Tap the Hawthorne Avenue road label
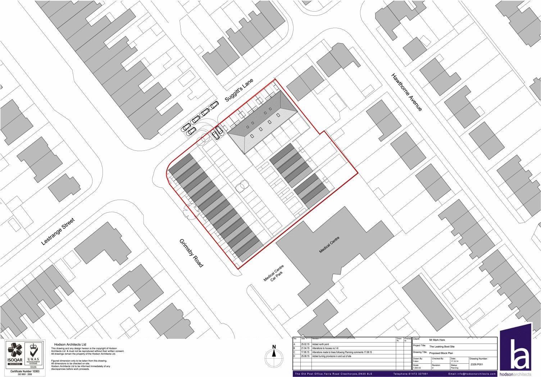pyautogui.click(x=406, y=92)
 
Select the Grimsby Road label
pyautogui.click(x=191, y=253)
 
